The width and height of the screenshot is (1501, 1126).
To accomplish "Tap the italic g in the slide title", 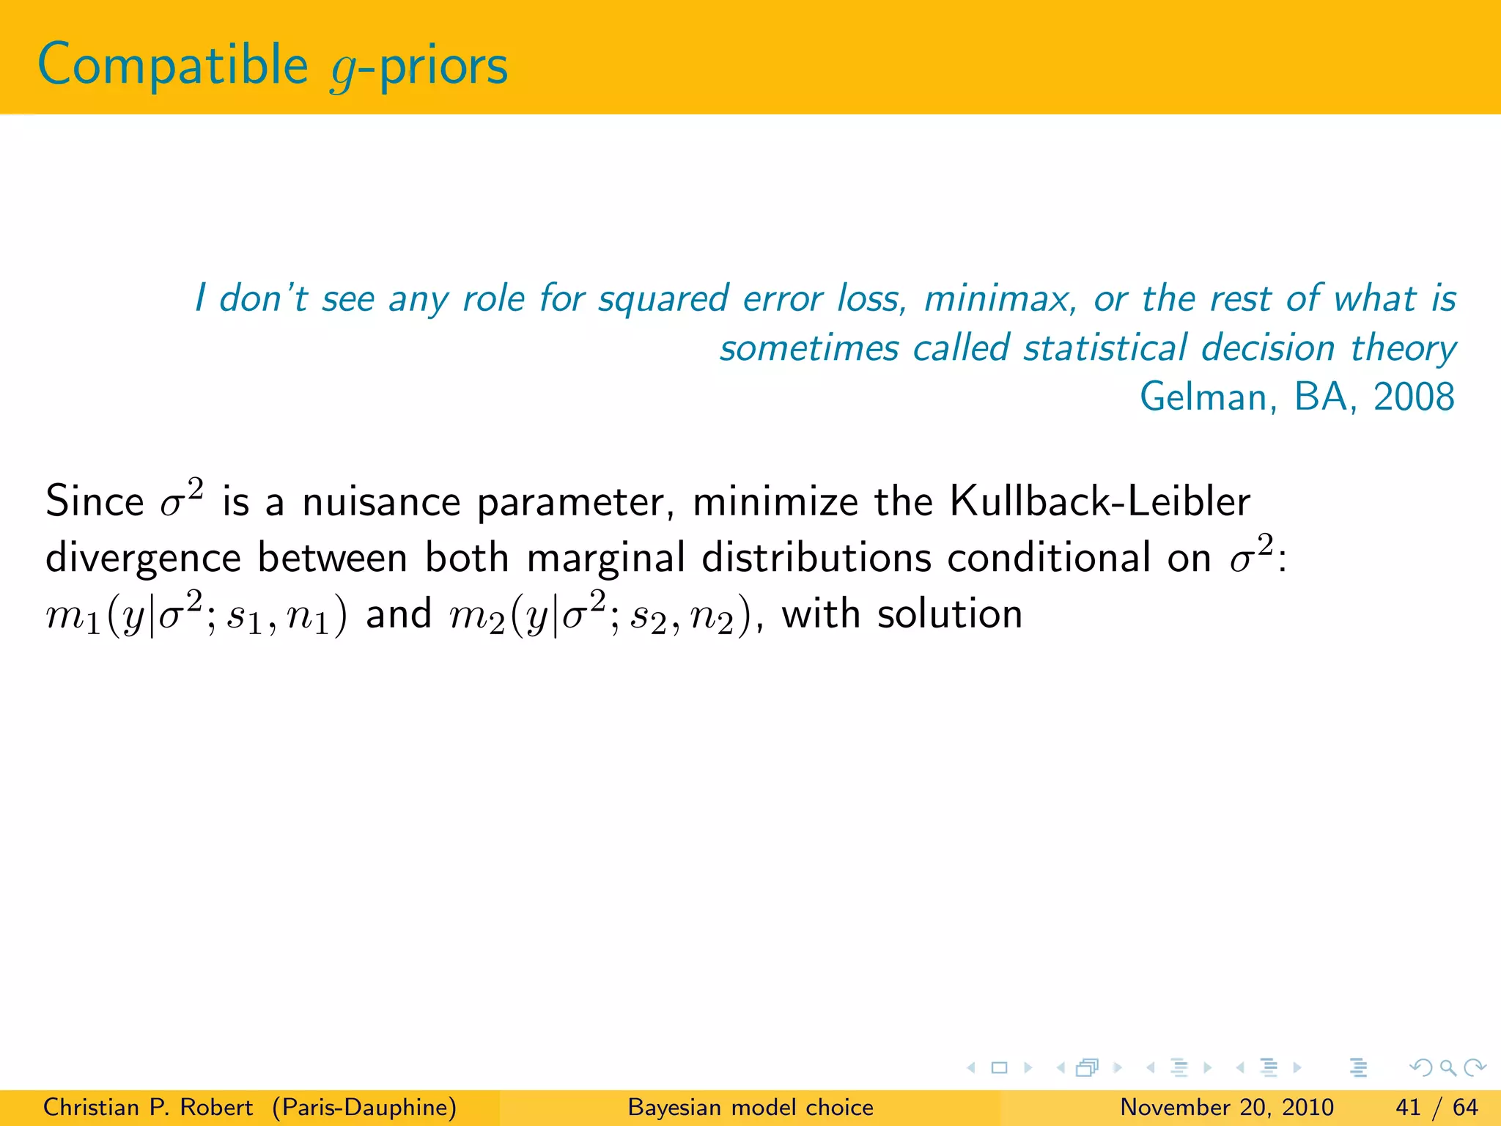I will (342, 70).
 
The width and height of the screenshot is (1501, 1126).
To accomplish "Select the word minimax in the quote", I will (1000, 299).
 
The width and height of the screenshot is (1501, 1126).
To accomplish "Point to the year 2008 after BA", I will (1414, 397).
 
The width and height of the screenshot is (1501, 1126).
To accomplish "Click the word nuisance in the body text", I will (381, 503).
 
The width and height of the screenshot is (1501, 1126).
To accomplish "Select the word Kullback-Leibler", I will (1099, 503).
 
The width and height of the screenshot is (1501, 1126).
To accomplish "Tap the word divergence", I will (143, 559).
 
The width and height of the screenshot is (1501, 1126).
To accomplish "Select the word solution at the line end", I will (949, 614).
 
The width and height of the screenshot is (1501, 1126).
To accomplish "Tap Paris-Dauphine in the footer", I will (364, 1107).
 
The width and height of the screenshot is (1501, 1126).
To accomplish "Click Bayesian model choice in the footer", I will (750, 1107).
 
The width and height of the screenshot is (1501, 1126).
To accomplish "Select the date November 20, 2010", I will (1226, 1107).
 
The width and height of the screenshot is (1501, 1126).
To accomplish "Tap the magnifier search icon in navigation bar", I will (1447, 1067).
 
